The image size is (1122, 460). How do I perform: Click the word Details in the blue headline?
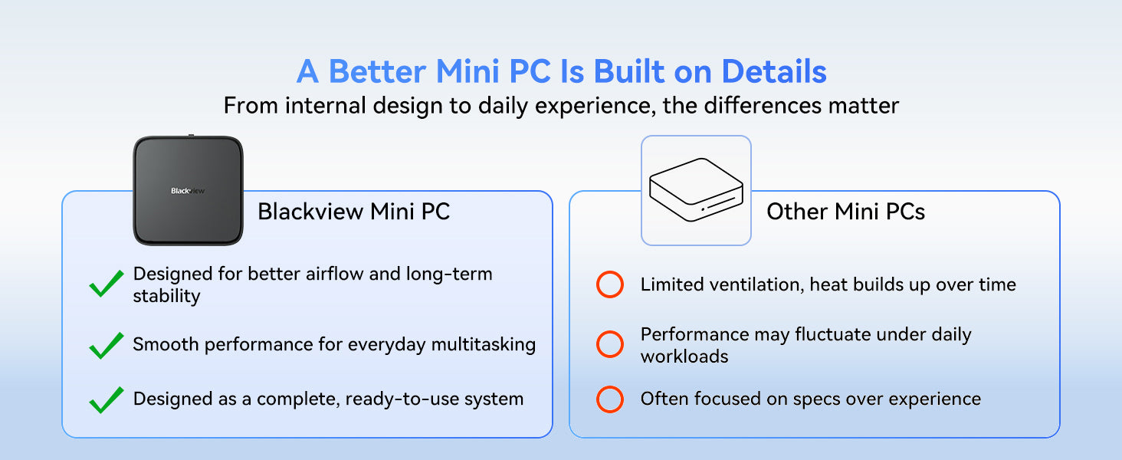tap(774, 71)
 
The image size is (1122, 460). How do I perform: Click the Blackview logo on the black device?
tap(188, 190)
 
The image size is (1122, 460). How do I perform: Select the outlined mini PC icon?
tap(696, 189)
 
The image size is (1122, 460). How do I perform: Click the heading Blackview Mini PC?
tap(353, 211)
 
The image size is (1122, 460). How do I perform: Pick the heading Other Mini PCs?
tap(845, 211)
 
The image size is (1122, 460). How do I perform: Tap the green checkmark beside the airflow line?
tap(107, 283)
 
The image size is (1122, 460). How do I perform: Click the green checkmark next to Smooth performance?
tap(107, 345)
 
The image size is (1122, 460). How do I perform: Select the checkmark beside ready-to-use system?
tap(107, 400)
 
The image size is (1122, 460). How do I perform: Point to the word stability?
tap(166, 296)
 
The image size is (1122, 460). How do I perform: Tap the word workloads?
tap(684, 356)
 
